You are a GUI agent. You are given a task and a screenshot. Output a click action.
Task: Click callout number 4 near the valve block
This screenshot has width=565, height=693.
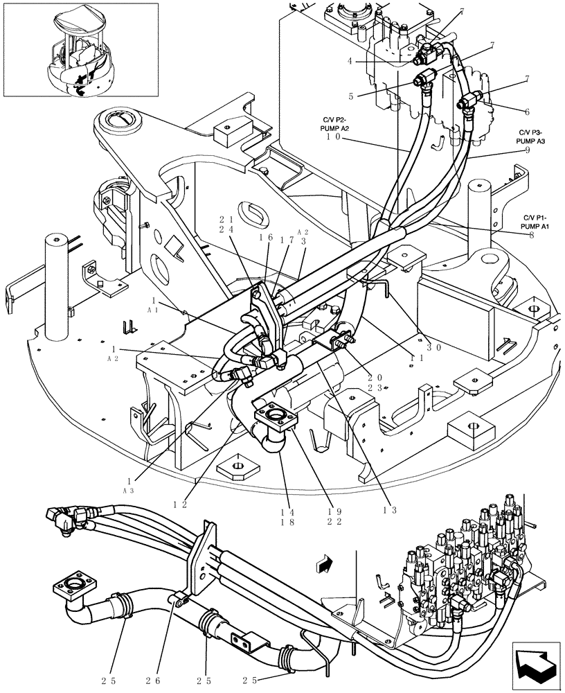(x=351, y=61)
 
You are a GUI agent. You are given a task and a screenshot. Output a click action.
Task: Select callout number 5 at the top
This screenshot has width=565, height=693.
(x=351, y=96)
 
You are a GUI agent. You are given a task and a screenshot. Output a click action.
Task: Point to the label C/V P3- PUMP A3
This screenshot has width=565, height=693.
(x=531, y=136)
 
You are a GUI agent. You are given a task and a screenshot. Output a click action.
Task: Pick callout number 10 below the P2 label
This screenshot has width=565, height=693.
(x=332, y=137)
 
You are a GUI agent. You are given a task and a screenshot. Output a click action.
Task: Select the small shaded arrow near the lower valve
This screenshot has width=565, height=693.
(x=323, y=565)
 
